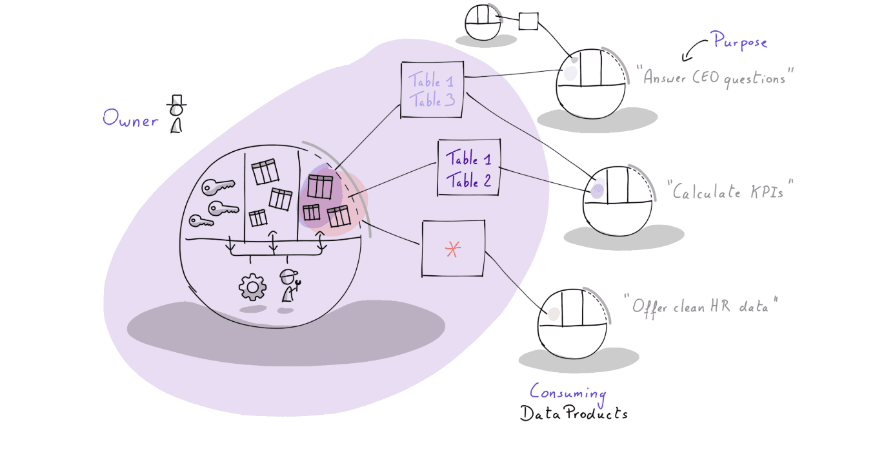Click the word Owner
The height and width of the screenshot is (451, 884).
point(130,120)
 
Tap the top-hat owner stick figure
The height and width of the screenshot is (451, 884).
point(176,114)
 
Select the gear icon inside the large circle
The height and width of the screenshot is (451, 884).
point(252,287)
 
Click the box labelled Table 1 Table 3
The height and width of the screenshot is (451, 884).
point(432,90)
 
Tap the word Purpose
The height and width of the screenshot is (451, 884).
point(739,42)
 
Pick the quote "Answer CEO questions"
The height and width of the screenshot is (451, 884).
point(714,78)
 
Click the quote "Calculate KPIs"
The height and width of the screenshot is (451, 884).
point(730,192)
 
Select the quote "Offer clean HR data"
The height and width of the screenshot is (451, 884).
point(701,306)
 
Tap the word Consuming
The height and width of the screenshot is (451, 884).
point(568,392)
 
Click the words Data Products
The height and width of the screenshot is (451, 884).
point(574,414)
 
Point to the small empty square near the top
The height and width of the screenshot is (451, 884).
point(528,21)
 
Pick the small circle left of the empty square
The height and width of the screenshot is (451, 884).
point(483,23)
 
